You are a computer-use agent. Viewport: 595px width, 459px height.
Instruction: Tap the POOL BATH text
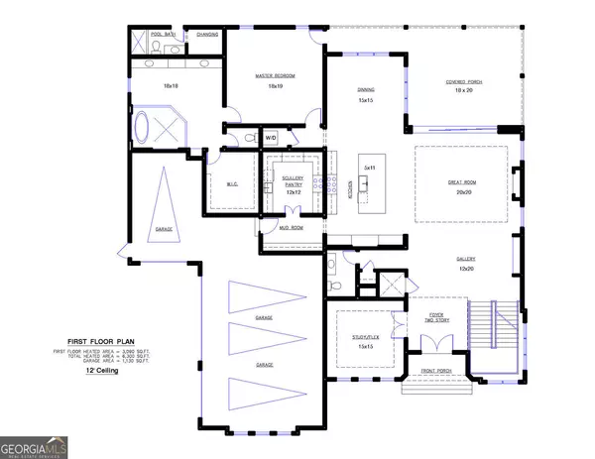[x=163, y=33]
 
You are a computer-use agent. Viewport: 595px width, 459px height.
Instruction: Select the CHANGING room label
[x=207, y=33]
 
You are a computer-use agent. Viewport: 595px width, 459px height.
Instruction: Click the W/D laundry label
[x=271, y=138]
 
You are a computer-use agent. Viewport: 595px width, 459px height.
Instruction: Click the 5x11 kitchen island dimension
[x=369, y=169]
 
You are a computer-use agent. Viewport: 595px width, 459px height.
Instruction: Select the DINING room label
[x=366, y=89]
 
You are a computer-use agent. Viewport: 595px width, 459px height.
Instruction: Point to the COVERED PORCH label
[x=463, y=81]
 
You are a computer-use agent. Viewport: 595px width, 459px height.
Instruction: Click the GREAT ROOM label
[x=463, y=180]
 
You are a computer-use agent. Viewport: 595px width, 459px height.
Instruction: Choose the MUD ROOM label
[x=292, y=228]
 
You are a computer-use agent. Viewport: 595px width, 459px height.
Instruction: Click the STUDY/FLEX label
[x=364, y=336]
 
